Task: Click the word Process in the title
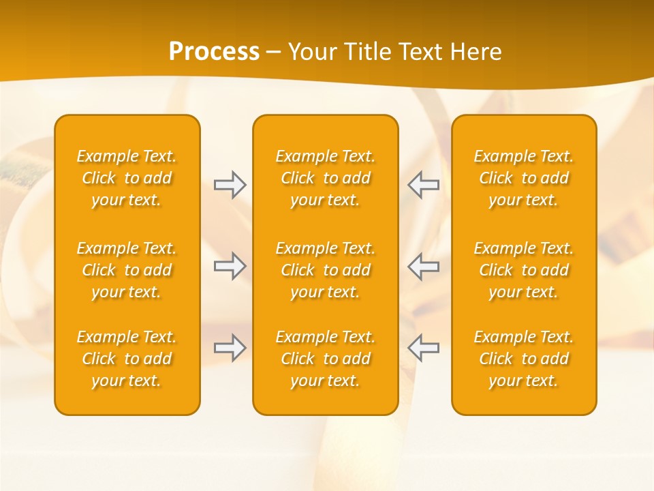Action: point(214,52)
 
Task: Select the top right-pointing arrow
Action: point(230,185)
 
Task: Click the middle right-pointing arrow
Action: point(230,266)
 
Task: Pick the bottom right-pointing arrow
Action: point(230,348)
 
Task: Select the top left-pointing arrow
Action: point(423,185)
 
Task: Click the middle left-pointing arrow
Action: point(423,266)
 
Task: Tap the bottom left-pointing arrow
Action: point(423,348)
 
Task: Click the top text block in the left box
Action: point(127,178)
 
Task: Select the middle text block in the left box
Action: point(127,270)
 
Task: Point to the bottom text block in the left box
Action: point(127,359)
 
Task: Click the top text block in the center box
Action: point(325,178)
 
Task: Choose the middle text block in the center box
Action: point(325,270)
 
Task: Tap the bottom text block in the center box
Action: point(325,359)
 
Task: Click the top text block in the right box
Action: point(523,178)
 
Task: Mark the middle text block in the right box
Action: point(523,270)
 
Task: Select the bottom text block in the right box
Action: point(523,359)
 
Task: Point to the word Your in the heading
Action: point(311,52)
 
